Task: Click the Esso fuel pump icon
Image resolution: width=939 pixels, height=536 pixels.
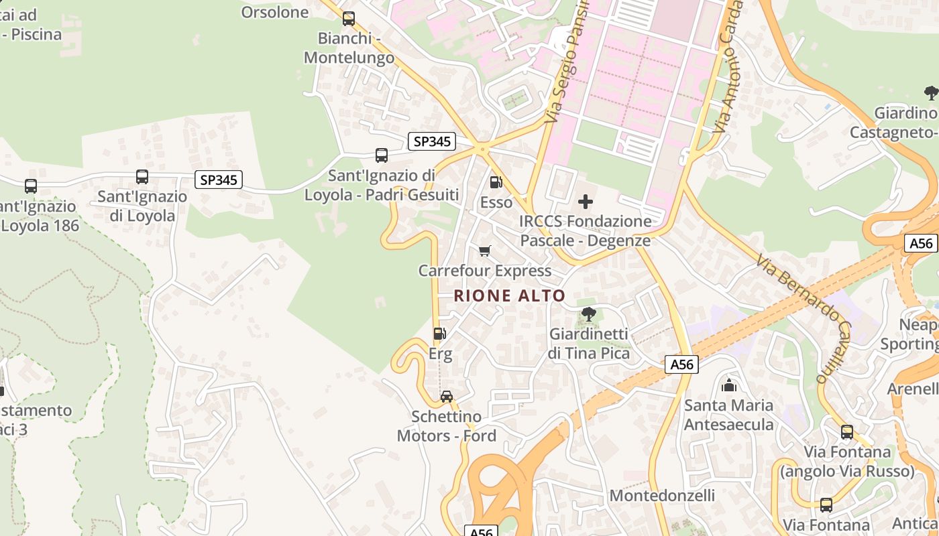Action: pyautogui.click(x=496, y=182)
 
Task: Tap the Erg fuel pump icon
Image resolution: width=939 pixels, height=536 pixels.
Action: pyautogui.click(x=439, y=333)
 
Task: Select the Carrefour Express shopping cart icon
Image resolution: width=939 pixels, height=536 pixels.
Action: pyautogui.click(x=484, y=251)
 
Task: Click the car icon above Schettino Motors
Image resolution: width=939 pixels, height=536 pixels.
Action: pyautogui.click(x=446, y=397)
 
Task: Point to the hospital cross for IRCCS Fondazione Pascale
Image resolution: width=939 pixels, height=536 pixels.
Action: pyautogui.click(x=586, y=201)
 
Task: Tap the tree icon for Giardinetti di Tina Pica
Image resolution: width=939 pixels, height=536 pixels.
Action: pyautogui.click(x=589, y=314)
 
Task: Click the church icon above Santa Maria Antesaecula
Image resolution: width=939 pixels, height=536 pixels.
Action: pyautogui.click(x=728, y=385)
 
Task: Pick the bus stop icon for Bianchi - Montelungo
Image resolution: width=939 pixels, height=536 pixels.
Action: pyautogui.click(x=349, y=19)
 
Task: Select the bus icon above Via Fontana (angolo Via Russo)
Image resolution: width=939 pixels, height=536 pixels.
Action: pyautogui.click(x=847, y=431)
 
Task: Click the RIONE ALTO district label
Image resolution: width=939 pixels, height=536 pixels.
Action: pyautogui.click(x=510, y=295)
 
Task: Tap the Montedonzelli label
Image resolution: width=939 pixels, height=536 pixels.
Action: pyautogui.click(x=662, y=496)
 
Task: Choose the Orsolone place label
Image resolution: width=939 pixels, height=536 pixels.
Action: pyautogui.click(x=275, y=12)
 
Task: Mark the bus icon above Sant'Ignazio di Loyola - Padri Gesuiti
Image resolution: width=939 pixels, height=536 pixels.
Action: pyautogui.click(x=382, y=155)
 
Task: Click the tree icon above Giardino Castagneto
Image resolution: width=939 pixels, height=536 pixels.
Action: pyautogui.click(x=930, y=92)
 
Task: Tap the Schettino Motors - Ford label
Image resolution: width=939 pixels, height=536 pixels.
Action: pyautogui.click(x=447, y=426)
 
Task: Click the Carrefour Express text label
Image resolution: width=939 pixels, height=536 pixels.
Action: pyautogui.click(x=485, y=271)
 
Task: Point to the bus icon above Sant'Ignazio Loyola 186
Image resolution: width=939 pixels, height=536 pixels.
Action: pyautogui.click(x=31, y=186)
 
